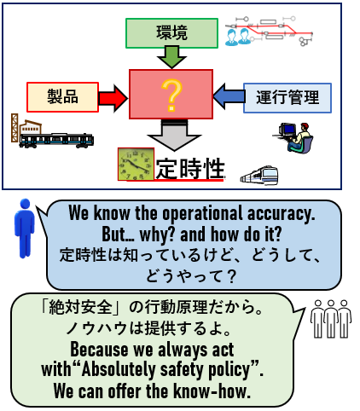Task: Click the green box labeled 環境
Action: tap(171, 33)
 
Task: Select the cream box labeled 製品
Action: tap(62, 97)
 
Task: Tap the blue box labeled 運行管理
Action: tap(287, 98)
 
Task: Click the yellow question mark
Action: tap(171, 95)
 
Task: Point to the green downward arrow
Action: tap(171, 57)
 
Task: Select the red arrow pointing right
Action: tap(113, 98)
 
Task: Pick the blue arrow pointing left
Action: tap(229, 96)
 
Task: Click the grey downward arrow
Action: tap(174, 135)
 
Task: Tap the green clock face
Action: tap(136, 164)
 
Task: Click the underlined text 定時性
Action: tap(190, 169)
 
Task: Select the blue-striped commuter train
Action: tap(56, 140)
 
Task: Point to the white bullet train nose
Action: tap(259, 176)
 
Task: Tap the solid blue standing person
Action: tap(25, 228)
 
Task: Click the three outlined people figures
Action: tap(331, 319)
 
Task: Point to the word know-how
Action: tap(212, 391)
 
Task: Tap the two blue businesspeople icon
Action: tap(238, 37)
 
